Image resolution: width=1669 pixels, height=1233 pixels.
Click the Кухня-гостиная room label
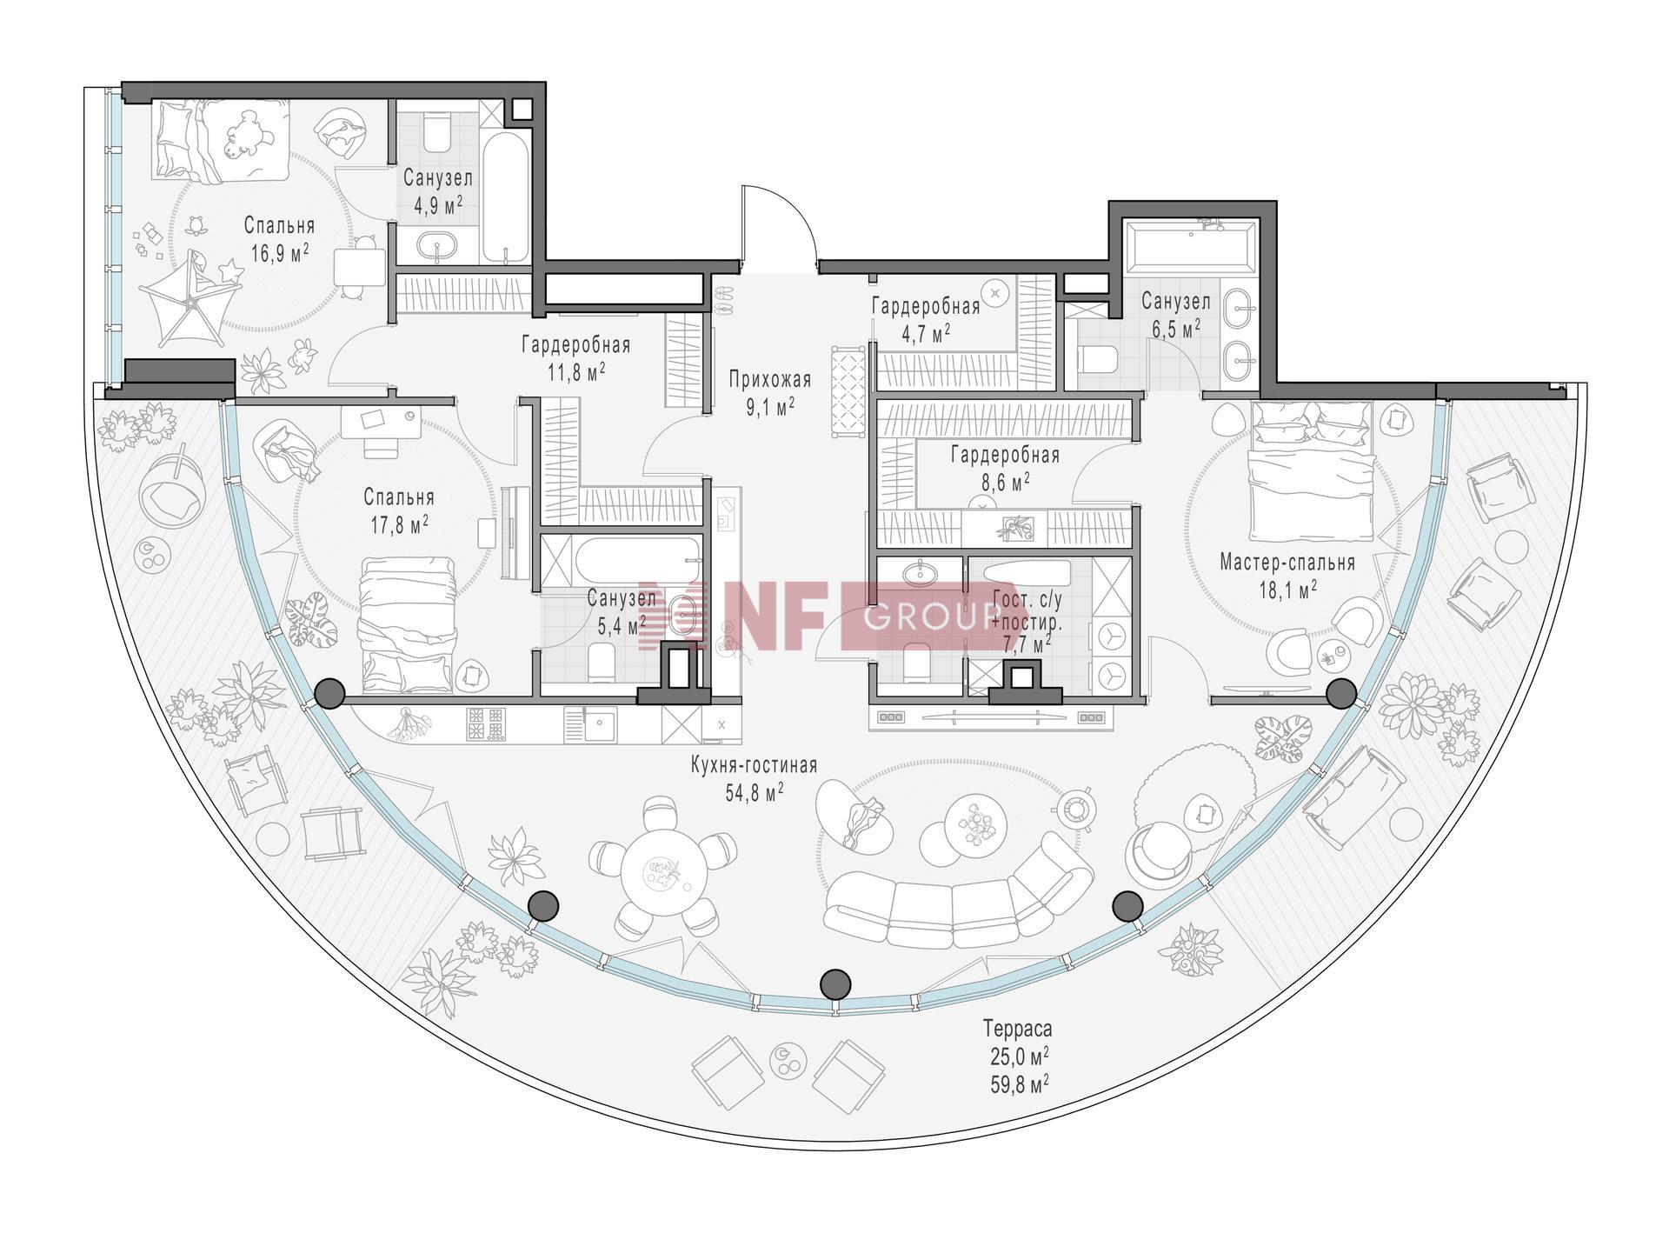(x=754, y=765)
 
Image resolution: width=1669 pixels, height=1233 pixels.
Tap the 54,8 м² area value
(x=754, y=791)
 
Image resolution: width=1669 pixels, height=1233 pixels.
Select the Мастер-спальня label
(x=1287, y=563)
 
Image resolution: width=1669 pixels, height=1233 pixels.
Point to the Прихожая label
(x=770, y=380)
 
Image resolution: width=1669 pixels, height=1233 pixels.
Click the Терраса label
(x=1017, y=1029)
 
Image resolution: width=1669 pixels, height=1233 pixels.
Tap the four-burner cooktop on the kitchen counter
(x=486, y=724)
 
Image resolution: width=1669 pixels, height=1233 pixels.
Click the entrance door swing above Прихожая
(x=777, y=223)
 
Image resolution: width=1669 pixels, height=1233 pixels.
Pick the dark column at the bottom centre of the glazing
(x=835, y=983)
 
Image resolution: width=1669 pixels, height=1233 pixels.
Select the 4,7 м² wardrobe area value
(x=927, y=332)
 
